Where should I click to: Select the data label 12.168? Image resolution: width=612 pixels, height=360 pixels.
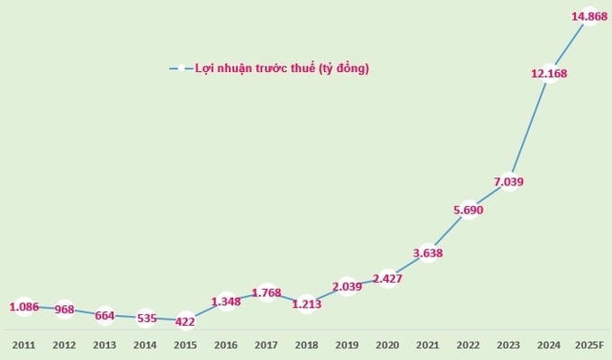coord(549,74)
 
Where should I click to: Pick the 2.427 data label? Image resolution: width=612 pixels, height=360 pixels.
coord(388,278)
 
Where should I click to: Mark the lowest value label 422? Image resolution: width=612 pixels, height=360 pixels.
coord(184,321)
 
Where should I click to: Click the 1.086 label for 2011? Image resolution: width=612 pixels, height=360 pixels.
coord(24,308)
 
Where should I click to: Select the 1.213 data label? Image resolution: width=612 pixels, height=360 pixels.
coord(307,304)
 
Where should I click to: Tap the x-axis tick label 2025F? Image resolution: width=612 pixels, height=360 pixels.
coord(589,344)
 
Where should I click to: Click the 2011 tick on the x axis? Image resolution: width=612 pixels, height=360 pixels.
coord(24,344)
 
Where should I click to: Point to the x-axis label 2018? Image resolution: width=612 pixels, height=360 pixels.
coord(307,344)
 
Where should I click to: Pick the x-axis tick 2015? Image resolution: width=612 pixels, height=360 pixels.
coord(185,344)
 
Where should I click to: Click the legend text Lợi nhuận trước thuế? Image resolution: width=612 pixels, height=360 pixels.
coord(282,68)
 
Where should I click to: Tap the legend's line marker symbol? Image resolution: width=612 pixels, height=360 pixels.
coord(180,68)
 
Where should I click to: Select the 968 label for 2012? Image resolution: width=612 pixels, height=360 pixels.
coord(64,310)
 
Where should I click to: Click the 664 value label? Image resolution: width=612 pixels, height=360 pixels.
coord(104,316)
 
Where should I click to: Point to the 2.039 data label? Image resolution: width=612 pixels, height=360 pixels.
coord(347,287)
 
